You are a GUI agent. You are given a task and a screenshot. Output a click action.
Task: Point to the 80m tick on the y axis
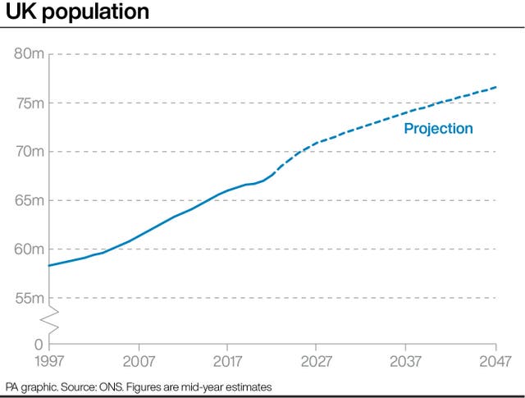(30, 54)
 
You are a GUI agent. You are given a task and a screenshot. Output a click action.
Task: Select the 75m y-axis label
(30, 103)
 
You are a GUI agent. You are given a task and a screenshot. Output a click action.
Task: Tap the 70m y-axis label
(30, 152)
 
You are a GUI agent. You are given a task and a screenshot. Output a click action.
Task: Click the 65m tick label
(30, 200)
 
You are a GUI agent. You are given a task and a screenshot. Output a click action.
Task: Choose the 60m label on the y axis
(30, 249)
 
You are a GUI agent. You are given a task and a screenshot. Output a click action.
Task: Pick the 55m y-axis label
(30, 298)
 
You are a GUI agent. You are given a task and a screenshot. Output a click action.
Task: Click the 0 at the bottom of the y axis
(39, 345)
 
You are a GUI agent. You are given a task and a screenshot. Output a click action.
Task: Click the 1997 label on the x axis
(49, 361)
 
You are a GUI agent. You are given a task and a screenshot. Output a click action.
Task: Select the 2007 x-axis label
(139, 361)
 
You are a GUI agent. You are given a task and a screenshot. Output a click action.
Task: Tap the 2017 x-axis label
(228, 361)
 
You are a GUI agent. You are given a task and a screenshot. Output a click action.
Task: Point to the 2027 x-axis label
(317, 361)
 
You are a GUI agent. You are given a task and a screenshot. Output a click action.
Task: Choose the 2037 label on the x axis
(407, 361)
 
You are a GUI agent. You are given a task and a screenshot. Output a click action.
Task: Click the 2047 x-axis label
(495, 361)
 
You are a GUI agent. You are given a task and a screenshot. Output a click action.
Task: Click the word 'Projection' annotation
(438, 129)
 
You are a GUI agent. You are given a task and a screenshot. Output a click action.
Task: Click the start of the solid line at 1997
(50, 265)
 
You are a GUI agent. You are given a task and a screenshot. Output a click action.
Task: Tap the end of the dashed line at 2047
(496, 87)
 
